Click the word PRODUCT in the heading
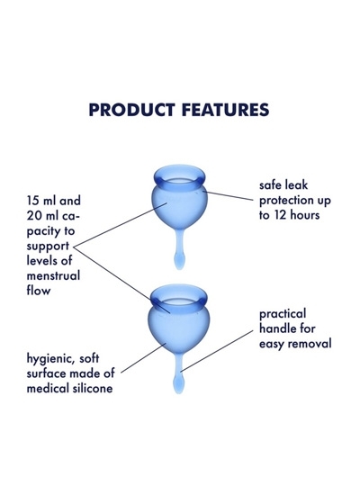click(131, 110)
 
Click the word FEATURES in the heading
click(225, 110)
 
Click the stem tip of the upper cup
click(179, 261)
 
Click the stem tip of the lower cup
click(178, 385)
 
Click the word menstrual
click(53, 275)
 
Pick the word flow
click(39, 290)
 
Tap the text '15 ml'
click(41, 201)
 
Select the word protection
click(283, 201)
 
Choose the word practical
click(283, 315)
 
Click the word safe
click(271, 185)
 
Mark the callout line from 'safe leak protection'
click(229, 196)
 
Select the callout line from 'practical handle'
click(217, 351)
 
